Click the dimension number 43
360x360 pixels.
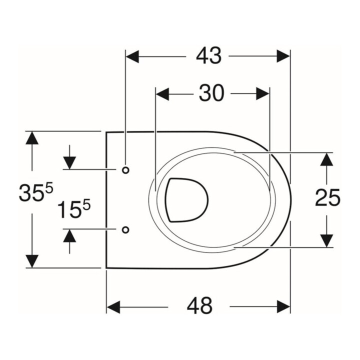(x=208, y=56)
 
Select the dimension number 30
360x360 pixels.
(x=211, y=93)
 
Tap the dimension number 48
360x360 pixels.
(x=199, y=306)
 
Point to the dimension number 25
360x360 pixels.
(x=327, y=197)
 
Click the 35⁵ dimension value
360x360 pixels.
(x=36, y=192)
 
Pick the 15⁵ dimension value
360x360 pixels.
(x=74, y=208)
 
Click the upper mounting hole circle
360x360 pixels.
(x=125, y=170)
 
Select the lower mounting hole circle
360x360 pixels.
(x=125, y=229)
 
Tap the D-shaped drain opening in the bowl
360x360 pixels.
(x=186, y=200)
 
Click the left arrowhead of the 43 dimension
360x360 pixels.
(x=132, y=56)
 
